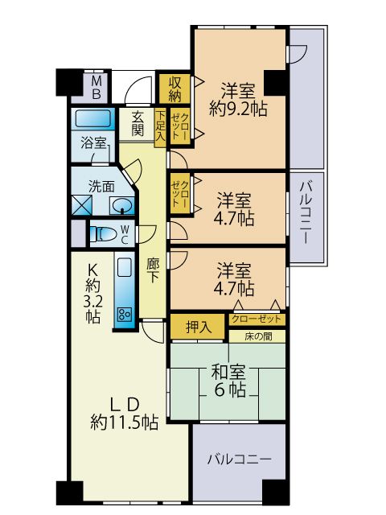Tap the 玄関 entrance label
tap(138, 122)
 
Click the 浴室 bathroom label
tap(93, 143)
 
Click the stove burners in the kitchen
tap(125, 314)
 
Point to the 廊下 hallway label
tap(154, 270)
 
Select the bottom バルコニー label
tap(239, 460)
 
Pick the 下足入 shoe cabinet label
tap(161, 125)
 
